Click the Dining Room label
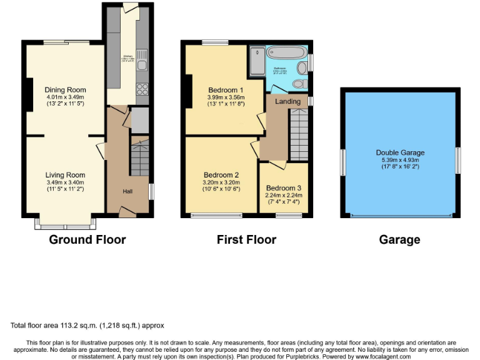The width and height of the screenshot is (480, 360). [65, 90]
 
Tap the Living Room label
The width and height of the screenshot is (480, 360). [65, 175]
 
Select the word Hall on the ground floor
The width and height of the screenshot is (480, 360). [127, 191]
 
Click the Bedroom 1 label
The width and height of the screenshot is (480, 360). [226, 90]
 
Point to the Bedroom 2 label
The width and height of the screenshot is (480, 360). [221, 175]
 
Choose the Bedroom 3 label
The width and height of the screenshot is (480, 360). [283, 187]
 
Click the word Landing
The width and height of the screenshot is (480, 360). [287, 101]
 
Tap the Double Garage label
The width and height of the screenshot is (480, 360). [400, 152]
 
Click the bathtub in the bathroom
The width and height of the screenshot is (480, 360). [287, 54]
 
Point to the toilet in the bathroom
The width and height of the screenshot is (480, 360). [299, 82]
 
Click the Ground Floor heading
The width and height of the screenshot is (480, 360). [87, 239]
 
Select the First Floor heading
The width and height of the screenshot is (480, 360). [246, 239]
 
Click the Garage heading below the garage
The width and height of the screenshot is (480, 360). [399, 239]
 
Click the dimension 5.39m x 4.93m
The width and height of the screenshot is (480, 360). [400, 160]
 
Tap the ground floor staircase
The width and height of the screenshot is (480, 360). [139, 159]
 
